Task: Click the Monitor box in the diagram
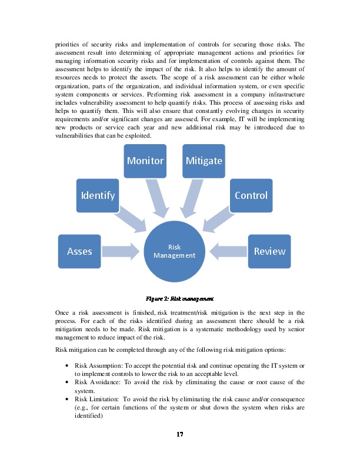click(x=145, y=160)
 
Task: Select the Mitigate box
click(x=204, y=160)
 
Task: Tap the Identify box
click(x=98, y=195)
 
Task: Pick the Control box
click(x=251, y=195)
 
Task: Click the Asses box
click(x=79, y=251)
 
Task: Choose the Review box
click(x=269, y=251)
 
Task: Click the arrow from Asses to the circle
click(x=123, y=251)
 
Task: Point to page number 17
click(x=180, y=435)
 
